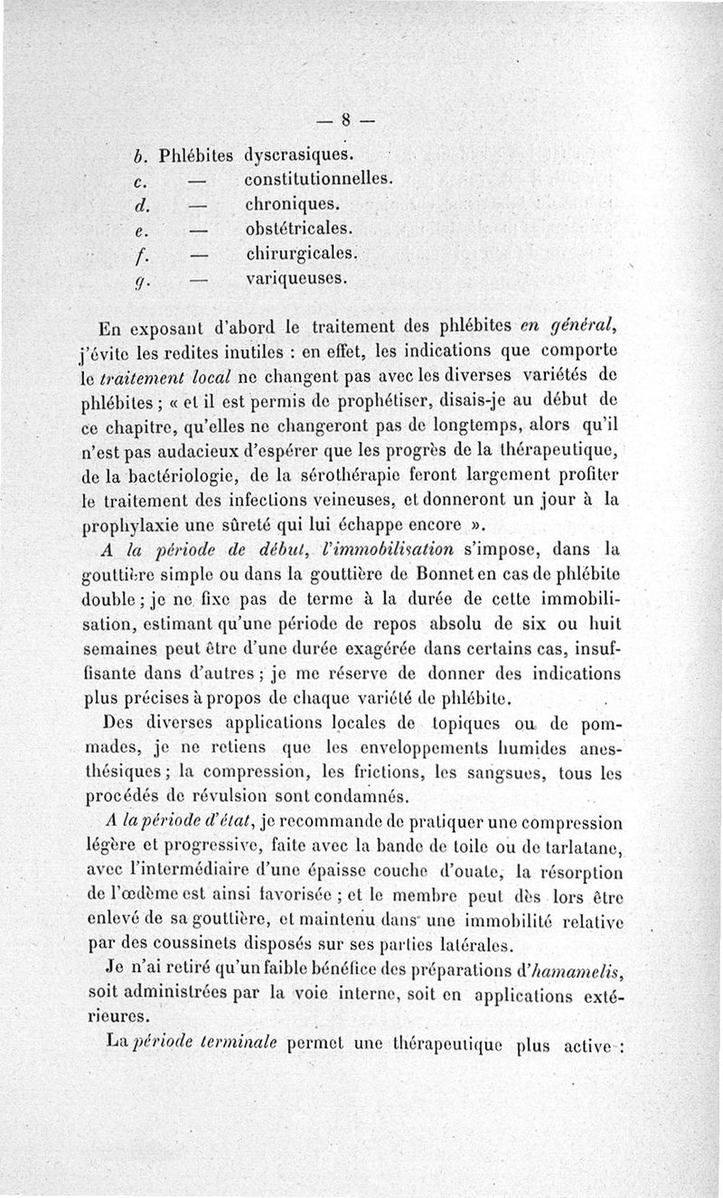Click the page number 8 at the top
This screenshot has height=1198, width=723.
click(x=345, y=120)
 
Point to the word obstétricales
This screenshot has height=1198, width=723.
click(x=299, y=228)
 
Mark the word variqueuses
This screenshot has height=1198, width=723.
click(x=296, y=279)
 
